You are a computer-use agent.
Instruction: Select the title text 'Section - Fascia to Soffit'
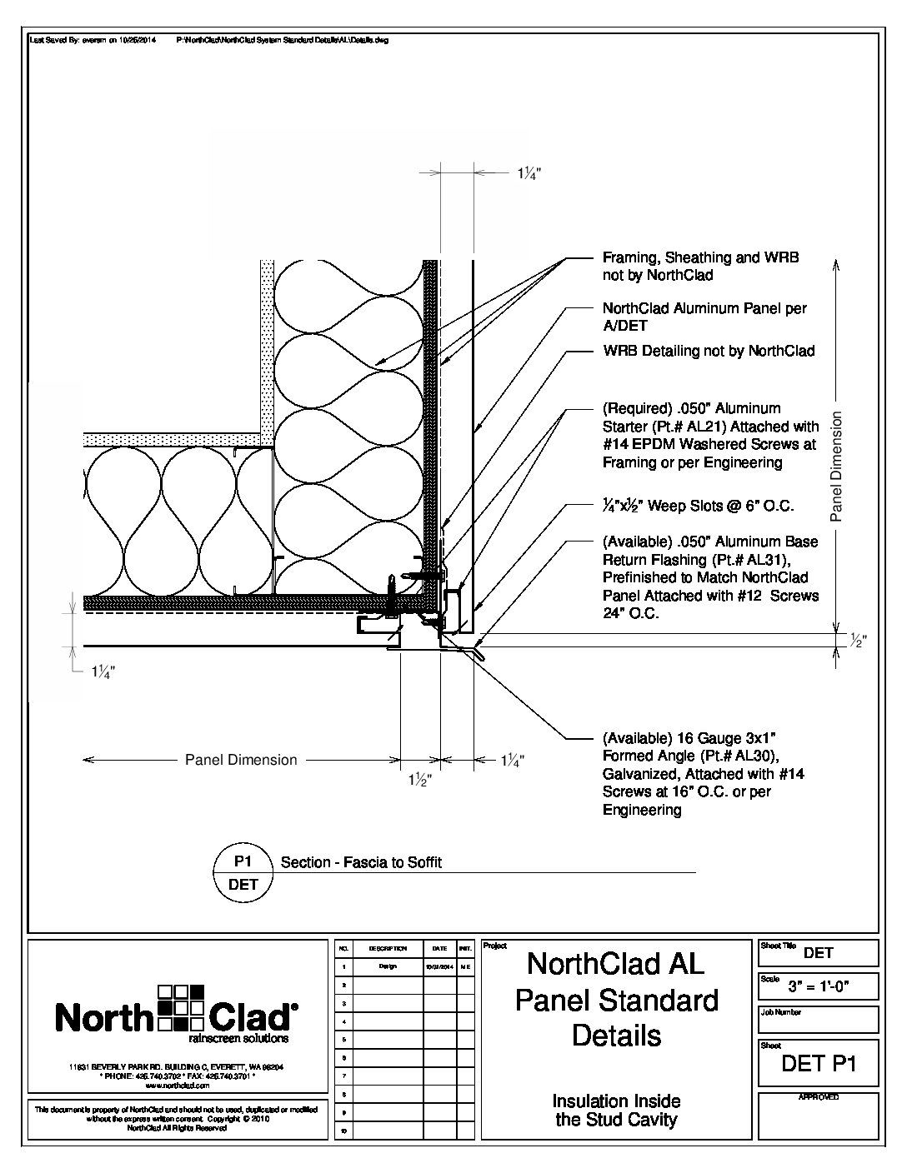(x=361, y=863)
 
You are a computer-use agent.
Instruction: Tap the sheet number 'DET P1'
(x=818, y=1063)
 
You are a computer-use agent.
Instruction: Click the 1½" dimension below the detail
(x=419, y=781)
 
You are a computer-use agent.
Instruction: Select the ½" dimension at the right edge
(x=859, y=641)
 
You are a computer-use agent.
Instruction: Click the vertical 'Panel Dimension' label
(x=837, y=467)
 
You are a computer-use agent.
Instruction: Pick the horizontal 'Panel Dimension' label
(x=241, y=760)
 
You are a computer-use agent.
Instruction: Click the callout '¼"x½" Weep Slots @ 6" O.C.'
(x=698, y=506)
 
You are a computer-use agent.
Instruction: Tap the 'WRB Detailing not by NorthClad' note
(x=709, y=351)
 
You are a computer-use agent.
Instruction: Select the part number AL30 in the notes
(x=756, y=756)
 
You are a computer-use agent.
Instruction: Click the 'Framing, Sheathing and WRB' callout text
(x=700, y=258)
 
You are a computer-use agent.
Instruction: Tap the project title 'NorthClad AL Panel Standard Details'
(x=616, y=1000)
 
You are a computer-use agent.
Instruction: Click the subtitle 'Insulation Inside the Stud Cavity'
(x=616, y=1111)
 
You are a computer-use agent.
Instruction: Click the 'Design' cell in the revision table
(x=388, y=966)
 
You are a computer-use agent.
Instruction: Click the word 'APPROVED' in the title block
(x=818, y=1097)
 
